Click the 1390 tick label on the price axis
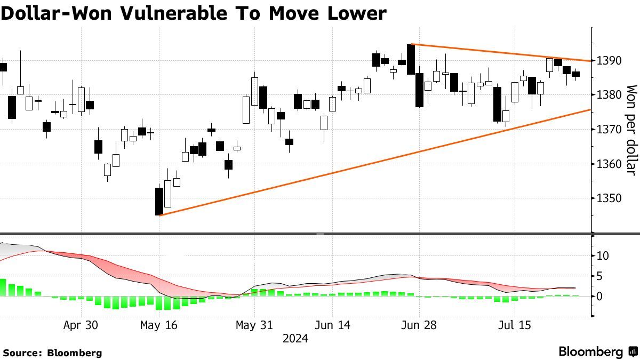tap(609, 60)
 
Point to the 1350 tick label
tap(609, 198)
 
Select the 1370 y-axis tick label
tap(609, 130)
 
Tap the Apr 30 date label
tap(80, 325)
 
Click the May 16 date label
tap(158, 325)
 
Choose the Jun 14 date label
tap(333, 325)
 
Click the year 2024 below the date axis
tap(295, 338)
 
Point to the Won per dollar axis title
tap(631, 130)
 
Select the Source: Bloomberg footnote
tap(52, 353)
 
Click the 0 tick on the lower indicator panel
tap(599, 296)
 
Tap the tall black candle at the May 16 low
tap(159, 201)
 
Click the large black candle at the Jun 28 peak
tap(411, 59)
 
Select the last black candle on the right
tap(576, 74)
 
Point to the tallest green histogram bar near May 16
tap(159, 303)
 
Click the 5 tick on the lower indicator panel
tap(599, 276)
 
